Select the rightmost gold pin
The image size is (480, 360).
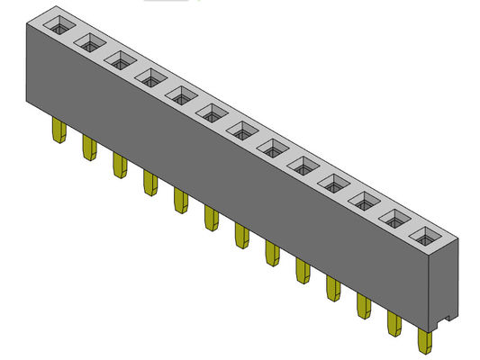pos(423,342)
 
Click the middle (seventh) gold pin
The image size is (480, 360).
pos(240,236)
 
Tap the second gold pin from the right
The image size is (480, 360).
pos(394,324)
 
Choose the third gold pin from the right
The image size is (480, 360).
pos(364,306)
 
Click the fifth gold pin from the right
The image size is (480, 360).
pos(302,271)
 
